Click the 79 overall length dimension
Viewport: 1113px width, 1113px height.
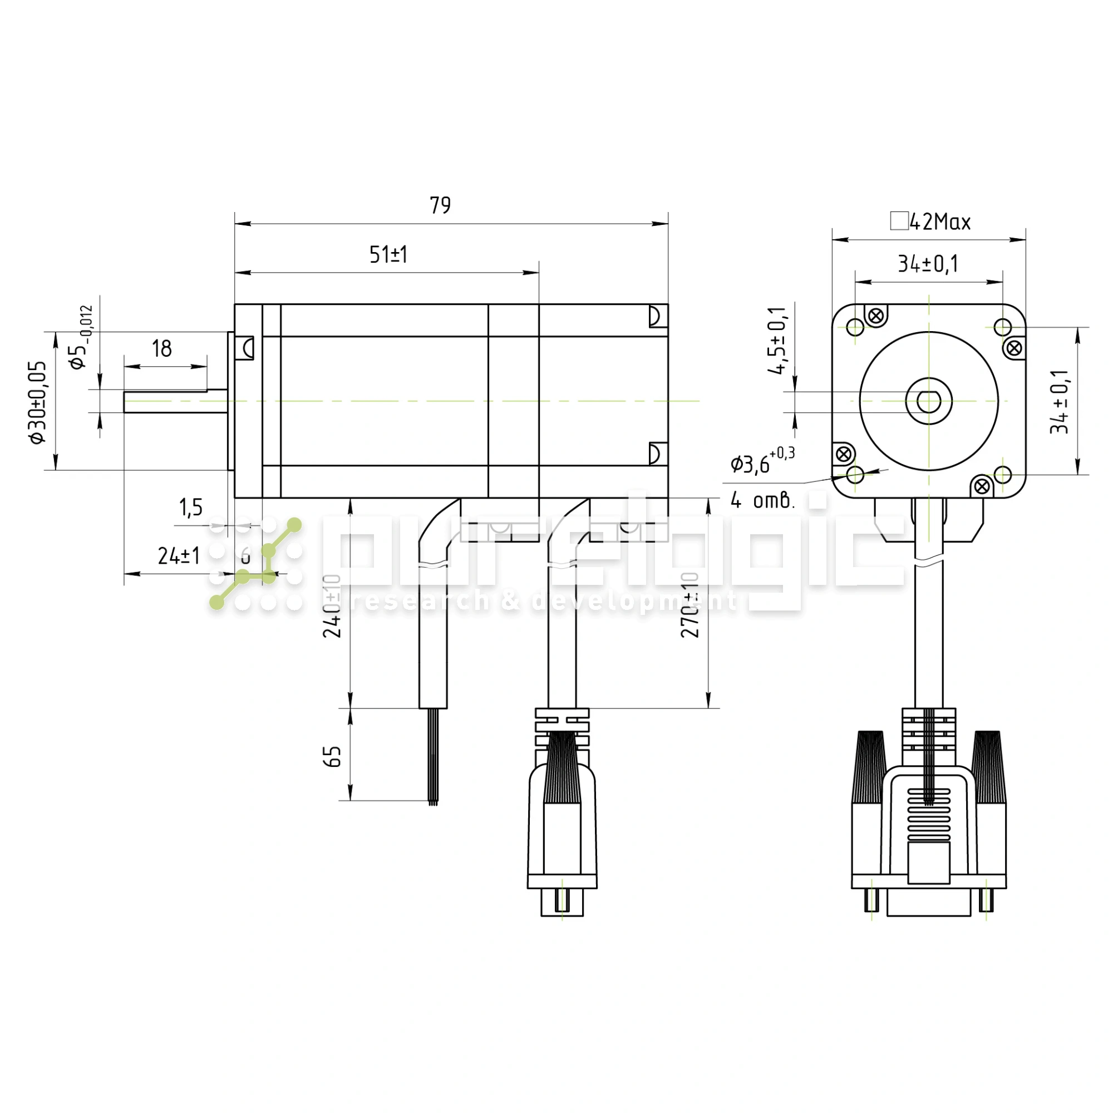[440, 206]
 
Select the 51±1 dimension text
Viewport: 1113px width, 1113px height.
[388, 255]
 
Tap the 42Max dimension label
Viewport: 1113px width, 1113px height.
[939, 222]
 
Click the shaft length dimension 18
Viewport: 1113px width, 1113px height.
[162, 348]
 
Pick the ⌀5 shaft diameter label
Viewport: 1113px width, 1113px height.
[80, 339]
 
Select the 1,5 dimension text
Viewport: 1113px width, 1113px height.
[191, 508]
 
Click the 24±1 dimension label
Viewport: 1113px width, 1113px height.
[179, 556]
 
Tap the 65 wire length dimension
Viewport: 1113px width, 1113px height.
[332, 756]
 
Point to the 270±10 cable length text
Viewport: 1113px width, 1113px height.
[690, 605]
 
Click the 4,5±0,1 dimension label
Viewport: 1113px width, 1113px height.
[778, 341]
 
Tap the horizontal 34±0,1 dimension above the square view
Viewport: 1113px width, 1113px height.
[928, 264]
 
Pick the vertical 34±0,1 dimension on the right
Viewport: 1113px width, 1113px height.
[1060, 402]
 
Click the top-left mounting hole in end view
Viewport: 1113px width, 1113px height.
[855, 327]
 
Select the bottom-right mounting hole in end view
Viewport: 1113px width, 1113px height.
[1003, 475]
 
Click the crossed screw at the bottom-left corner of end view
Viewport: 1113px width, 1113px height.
[844, 454]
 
